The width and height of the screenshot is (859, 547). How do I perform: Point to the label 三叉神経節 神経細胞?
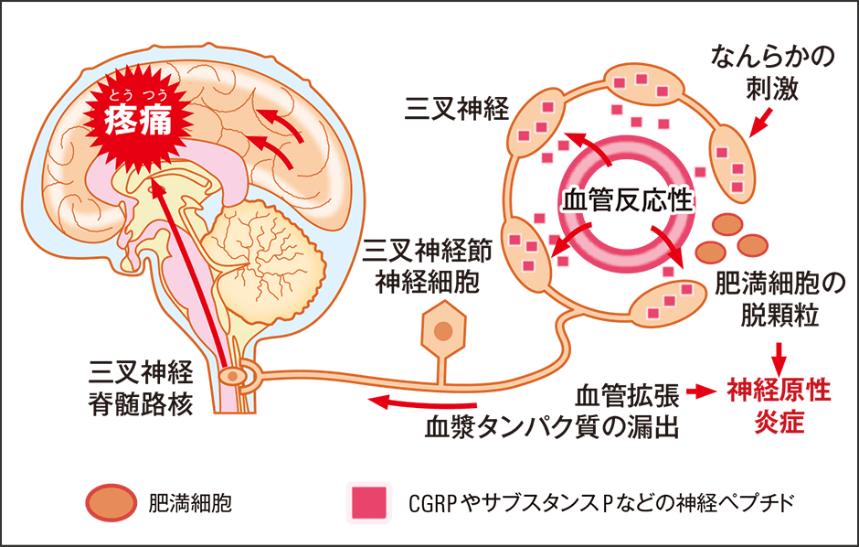(x=427, y=264)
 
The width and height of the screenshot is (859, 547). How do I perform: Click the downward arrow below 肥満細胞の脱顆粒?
(x=779, y=355)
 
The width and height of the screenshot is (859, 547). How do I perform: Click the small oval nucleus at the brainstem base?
(x=234, y=375)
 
